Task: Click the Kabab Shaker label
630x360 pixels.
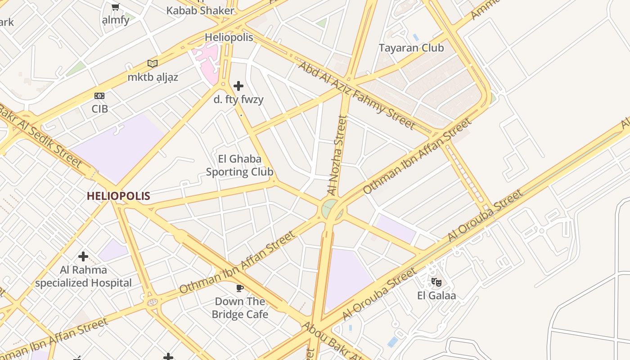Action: (x=201, y=11)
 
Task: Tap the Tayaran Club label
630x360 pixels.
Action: (x=411, y=48)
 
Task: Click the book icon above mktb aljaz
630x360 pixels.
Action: (x=153, y=63)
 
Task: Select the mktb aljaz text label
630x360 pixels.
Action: (x=153, y=77)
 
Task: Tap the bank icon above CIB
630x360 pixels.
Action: (x=99, y=96)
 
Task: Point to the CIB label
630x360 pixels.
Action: (x=99, y=109)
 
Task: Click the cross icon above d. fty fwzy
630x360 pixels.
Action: (x=238, y=85)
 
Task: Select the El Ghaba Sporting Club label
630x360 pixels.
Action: (x=239, y=165)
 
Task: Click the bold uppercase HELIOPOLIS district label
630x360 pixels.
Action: (x=118, y=196)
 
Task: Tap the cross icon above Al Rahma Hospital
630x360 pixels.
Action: (x=83, y=256)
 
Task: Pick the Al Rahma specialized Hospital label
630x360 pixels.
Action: (x=84, y=276)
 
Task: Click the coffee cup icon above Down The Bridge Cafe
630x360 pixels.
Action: (x=239, y=288)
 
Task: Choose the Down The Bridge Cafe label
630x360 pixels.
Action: (x=240, y=308)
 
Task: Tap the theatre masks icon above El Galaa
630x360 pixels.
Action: (x=436, y=282)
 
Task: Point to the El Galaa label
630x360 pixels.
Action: (x=436, y=296)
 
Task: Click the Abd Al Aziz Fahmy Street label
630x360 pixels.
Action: (x=357, y=95)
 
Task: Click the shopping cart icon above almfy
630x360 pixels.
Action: (x=115, y=7)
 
